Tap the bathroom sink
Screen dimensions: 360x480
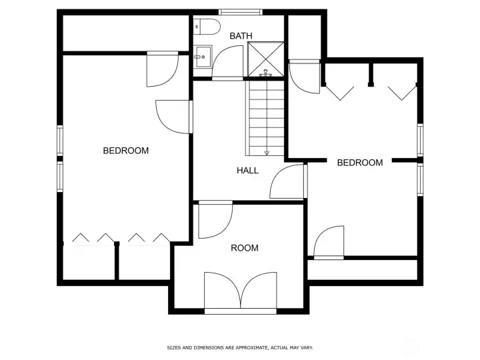[x=202, y=57]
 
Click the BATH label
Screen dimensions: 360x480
[x=241, y=36]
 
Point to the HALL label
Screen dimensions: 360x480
[x=247, y=171]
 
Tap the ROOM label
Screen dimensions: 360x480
[x=244, y=248]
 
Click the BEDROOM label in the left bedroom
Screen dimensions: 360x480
[x=125, y=151]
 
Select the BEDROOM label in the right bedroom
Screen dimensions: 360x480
[x=359, y=163]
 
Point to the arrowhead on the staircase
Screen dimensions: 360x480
[x=267, y=153]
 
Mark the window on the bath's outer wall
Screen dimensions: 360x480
[x=240, y=11]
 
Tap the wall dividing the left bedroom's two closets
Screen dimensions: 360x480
[x=117, y=262]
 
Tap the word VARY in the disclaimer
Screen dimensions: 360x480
[x=307, y=347]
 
